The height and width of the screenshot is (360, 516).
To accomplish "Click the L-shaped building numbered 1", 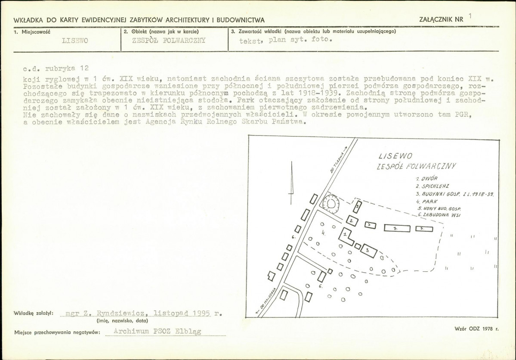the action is click(x=345, y=237).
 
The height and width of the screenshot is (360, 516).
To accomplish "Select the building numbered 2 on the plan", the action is click(x=352, y=220).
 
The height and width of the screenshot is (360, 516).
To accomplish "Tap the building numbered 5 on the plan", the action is click(x=357, y=207).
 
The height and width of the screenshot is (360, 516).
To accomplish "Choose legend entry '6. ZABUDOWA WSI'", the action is click(x=439, y=215).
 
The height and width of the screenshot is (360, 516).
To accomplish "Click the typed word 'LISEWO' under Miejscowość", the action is click(x=75, y=41).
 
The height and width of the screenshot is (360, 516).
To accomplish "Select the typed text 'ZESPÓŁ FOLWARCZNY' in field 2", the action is click(x=169, y=40).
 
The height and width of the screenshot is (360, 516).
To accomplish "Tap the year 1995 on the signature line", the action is click(x=202, y=313).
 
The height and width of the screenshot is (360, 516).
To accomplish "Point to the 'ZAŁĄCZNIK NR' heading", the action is click(x=441, y=19).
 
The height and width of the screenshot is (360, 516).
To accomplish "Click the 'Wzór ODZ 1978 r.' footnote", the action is click(x=476, y=329).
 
